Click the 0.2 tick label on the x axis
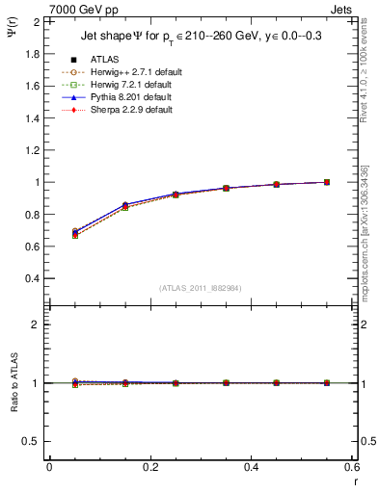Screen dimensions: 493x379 coord(149,467)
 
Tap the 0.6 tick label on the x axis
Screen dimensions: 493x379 coord(351,467)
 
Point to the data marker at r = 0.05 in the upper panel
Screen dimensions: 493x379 coord(74,232)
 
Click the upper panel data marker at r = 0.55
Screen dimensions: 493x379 coord(327,182)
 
